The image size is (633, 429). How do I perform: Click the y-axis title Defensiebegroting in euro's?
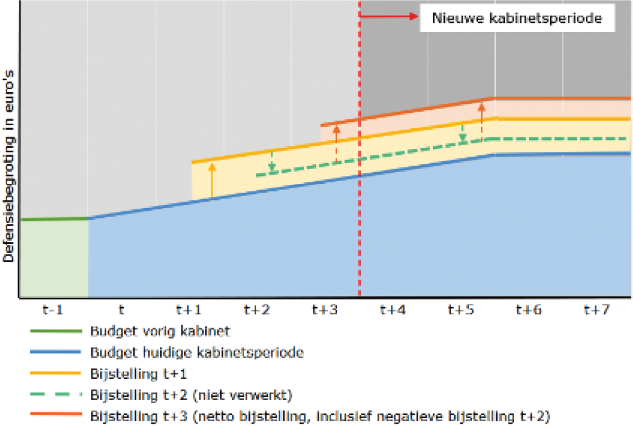click(8, 166)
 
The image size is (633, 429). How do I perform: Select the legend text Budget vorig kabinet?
click(160, 331)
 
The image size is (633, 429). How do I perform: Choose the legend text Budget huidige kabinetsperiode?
click(197, 352)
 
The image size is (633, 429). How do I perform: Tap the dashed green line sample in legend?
click(54, 395)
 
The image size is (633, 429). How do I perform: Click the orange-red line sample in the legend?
click(54, 416)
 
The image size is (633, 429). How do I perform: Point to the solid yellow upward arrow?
click(211, 180)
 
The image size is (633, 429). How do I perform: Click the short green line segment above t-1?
click(54, 219)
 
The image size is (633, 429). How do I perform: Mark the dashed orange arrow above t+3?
click(336, 144)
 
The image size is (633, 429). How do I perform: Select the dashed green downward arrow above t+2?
click(272, 161)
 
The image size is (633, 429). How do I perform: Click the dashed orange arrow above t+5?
click(481, 122)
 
